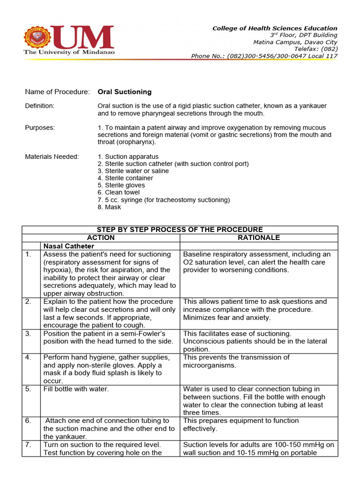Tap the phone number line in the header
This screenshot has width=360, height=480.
point(264,56)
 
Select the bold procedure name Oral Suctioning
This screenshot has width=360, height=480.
point(124,92)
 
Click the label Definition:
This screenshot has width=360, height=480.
point(39,106)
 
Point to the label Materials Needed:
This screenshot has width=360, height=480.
point(52,157)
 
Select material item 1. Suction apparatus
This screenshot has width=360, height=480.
point(128,157)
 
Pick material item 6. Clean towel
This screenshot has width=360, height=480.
point(119,192)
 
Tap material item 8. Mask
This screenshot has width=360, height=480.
point(109,207)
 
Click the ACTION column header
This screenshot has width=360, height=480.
point(101,238)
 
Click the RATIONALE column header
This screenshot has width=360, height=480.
point(258,238)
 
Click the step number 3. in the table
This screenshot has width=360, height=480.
point(29,333)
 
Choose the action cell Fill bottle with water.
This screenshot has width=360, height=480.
point(76,389)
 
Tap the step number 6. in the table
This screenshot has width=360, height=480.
point(29,420)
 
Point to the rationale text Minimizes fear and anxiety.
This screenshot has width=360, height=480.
point(227,317)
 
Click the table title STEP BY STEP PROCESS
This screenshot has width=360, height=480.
point(180,230)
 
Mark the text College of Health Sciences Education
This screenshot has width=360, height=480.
point(275,28)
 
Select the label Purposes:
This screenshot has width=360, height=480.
point(39,127)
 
